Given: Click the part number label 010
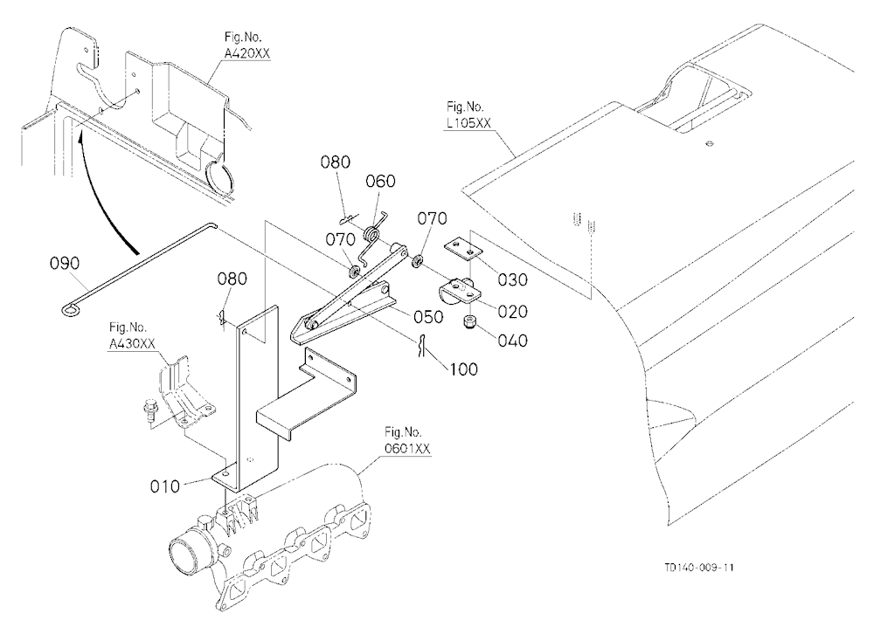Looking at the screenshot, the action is click(165, 486).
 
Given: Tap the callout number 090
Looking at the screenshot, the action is click(66, 263).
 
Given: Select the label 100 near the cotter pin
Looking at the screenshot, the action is click(463, 369).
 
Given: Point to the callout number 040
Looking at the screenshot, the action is click(512, 340).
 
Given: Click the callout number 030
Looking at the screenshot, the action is click(512, 279).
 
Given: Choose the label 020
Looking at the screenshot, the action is click(512, 311).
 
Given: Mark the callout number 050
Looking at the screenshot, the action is click(428, 316).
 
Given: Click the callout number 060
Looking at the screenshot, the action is click(381, 181).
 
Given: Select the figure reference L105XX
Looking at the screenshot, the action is click(468, 122).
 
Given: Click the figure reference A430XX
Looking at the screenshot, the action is click(132, 344).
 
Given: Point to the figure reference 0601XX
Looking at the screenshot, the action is click(407, 449).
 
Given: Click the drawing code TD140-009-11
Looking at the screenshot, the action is click(699, 568).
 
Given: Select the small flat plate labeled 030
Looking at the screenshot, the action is click(463, 249).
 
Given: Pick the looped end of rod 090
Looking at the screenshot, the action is click(70, 308).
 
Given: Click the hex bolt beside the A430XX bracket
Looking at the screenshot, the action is click(150, 410).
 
